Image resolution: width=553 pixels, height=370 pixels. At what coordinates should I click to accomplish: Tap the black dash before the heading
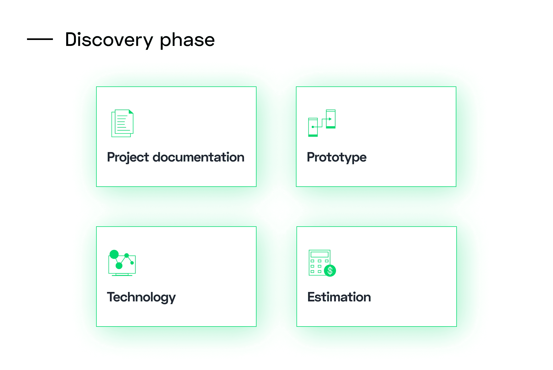click(x=40, y=39)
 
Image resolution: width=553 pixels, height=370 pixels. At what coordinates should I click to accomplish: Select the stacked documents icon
click(x=123, y=123)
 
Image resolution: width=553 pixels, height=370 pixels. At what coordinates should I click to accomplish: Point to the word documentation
click(x=198, y=157)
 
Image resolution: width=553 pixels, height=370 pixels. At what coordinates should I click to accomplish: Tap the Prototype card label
click(x=337, y=157)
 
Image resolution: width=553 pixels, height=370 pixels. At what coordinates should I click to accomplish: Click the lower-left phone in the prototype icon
click(x=313, y=127)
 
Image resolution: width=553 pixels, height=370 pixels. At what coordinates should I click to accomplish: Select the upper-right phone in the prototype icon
click(x=331, y=119)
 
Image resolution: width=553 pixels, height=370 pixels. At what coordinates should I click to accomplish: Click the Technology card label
click(x=141, y=297)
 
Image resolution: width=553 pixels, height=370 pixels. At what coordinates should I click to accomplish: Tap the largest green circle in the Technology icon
click(x=114, y=254)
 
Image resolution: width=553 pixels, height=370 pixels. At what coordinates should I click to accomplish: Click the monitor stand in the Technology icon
click(x=122, y=275)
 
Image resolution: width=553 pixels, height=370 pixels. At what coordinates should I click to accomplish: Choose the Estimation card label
click(x=339, y=297)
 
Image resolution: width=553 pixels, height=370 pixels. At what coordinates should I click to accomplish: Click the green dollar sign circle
click(x=330, y=271)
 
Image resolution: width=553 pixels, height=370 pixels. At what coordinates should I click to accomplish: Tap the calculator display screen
click(x=319, y=254)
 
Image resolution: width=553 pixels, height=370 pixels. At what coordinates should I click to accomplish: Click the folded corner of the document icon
click(x=131, y=112)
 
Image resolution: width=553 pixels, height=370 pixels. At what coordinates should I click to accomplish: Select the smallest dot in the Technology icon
click(x=132, y=263)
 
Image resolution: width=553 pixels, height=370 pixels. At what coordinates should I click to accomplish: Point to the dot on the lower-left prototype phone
click(x=313, y=127)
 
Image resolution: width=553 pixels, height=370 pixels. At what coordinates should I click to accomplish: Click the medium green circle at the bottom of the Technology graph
click(x=119, y=266)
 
